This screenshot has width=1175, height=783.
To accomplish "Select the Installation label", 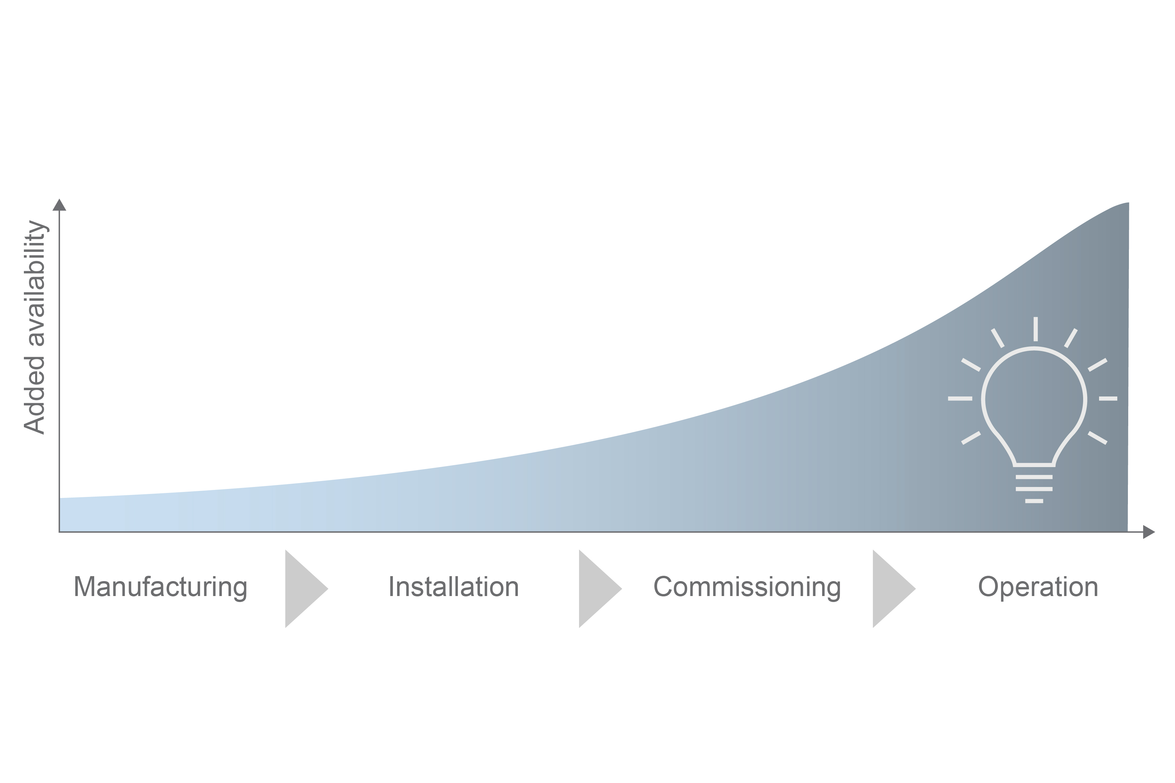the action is click(454, 587).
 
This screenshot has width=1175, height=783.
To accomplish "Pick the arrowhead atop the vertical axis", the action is click(59, 205).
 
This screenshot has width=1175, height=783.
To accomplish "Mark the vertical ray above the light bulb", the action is click(1036, 329).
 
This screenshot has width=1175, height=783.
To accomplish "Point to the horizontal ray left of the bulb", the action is click(960, 398).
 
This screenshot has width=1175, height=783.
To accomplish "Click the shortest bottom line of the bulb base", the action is click(1034, 501).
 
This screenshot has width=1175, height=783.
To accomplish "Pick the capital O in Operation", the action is click(989, 587).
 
